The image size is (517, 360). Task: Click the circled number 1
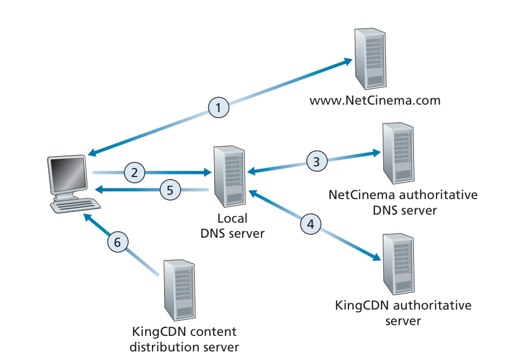point(219,108)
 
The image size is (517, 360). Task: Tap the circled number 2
point(135,173)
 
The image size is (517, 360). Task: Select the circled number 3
point(317,160)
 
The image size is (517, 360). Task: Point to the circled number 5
point(170,189)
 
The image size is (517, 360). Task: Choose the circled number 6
point(118,243)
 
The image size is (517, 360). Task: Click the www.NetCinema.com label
point(375,100)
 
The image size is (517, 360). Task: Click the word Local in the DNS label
point(232,219)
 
